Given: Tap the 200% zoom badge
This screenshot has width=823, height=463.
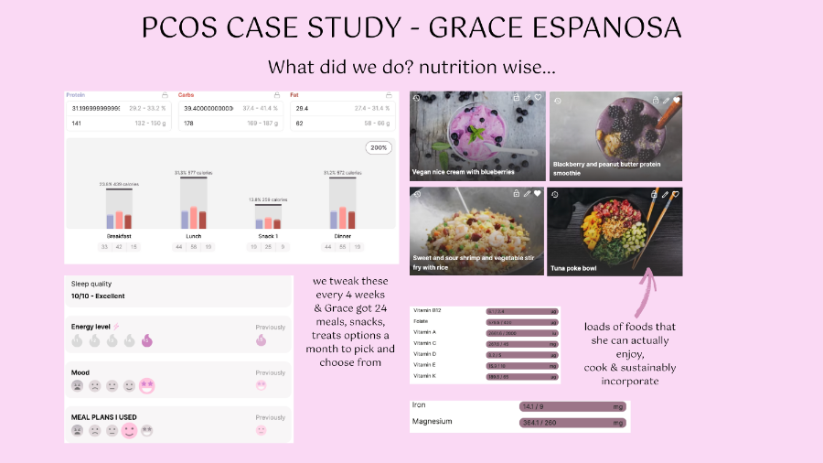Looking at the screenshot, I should coord(379,147).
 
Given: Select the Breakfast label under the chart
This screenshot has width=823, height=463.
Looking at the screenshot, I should coord(119,236).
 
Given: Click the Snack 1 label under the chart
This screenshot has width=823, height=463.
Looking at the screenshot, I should coord(268,236).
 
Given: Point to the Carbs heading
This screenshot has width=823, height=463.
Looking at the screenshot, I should coord(186,94).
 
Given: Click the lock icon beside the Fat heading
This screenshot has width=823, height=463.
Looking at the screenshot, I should coord(389,94).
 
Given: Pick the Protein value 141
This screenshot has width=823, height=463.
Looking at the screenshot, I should coord(77,122).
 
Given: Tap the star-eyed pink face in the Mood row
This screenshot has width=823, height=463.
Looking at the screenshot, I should coord(147,385).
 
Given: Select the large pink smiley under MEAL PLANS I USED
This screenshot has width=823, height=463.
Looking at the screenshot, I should coord(129,430).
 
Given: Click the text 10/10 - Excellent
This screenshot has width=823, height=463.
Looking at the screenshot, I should coord(99,296).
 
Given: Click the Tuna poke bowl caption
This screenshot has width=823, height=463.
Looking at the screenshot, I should coord(574,268).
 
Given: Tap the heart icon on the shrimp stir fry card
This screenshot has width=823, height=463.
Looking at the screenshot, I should coord(538,194).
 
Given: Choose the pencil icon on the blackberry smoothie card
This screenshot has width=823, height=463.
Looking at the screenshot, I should coord(665,99).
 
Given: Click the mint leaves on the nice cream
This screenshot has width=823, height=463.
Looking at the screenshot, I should coord(476,134).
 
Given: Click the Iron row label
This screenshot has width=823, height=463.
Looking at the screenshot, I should coord(420,404).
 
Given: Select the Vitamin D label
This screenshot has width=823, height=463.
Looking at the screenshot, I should coord(426,354).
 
